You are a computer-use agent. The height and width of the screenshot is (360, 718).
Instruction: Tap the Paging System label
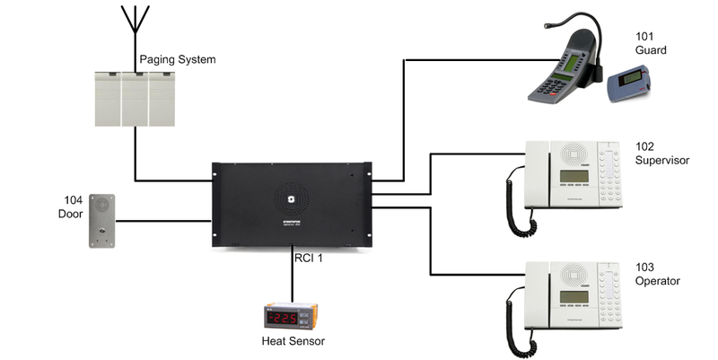[x=178, y=60]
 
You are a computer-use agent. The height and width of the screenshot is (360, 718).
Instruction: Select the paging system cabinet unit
[x=135, y=97]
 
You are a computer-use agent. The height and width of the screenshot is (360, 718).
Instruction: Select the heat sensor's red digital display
[x=285, y=318]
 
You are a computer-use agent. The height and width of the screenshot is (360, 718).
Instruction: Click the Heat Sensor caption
[x=293, y=341]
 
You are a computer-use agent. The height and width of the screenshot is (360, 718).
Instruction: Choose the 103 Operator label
[x=657, y=274]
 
